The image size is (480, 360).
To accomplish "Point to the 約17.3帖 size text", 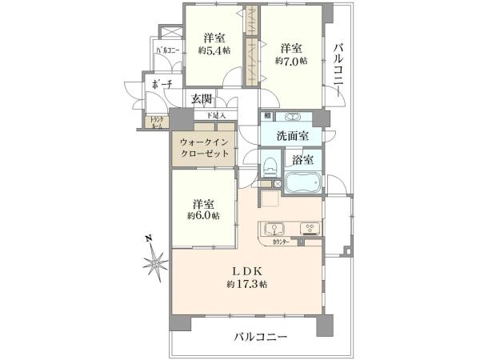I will (246, 284).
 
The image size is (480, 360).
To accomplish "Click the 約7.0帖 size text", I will (291, 60).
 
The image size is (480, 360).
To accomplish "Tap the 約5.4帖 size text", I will (214, 50).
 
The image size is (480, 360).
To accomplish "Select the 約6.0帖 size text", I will (202, 216).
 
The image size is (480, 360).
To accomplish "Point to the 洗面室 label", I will (291, 137).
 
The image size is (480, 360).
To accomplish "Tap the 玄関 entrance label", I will (202, 99).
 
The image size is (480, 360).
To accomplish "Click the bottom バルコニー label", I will (261, 337).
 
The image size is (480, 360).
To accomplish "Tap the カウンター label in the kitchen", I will (281, 241).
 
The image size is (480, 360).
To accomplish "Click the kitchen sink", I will (273, 227).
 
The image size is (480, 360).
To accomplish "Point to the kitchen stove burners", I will (308, 227).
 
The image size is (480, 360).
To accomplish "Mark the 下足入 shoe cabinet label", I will (216, 116).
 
